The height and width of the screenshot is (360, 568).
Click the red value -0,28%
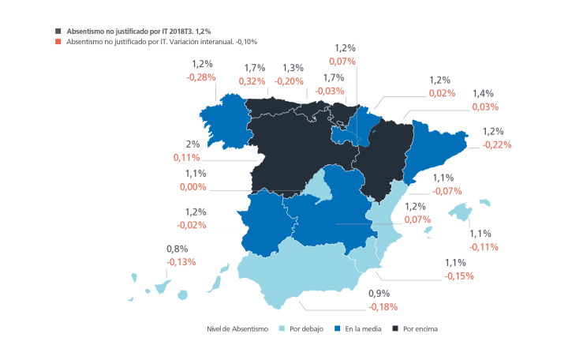click(x=201, y=77)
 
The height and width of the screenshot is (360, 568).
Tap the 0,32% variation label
click(x=252, y=81)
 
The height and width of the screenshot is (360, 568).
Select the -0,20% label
click(x=290, y=81)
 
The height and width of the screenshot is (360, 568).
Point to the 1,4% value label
click(x=483, y=93)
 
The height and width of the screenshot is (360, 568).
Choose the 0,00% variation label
click(x=190, y=187)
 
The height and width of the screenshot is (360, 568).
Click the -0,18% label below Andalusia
click(x=383, y=306)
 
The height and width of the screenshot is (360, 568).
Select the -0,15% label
click(x=459, y=276)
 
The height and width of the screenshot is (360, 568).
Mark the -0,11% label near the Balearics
click(x=483, y=246)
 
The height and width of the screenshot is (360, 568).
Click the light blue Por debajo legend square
click(x=282, y=328)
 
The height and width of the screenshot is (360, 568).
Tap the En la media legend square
click(x=338, y=328)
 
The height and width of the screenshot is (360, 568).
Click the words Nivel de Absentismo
click(x=237, y=328)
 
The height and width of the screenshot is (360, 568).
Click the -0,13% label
click(x=181, y=262)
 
